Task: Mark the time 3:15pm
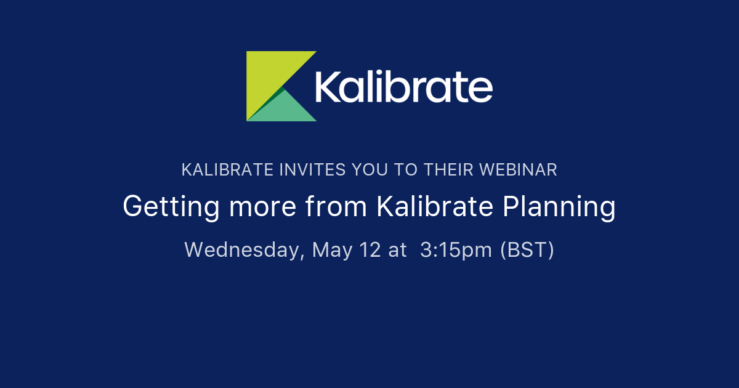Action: pyautogui.click(x=456, y=249)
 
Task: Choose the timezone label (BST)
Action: pyautogui.click(x=527, y=249)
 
